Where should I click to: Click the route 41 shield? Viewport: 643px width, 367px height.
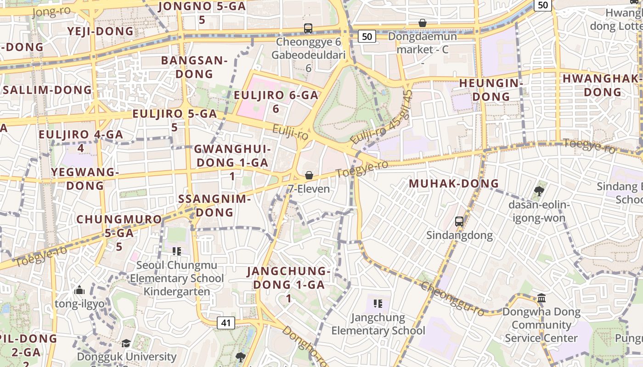point(226,323)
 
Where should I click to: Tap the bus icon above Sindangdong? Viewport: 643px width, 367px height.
point(459,222)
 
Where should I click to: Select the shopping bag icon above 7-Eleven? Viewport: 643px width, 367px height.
point(309,175)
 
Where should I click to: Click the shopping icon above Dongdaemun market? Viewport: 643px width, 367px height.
point(423,23)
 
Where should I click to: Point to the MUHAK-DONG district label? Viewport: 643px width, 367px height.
point(453,183)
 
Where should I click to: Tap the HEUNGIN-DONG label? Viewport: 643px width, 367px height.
point(491,90)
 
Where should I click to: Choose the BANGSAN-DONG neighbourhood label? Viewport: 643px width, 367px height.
point(194,67)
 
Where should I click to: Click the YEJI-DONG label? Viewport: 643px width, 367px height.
point(100,31)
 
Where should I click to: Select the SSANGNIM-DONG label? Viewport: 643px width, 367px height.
point(214,206)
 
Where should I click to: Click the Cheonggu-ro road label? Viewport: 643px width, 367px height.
point(452,299)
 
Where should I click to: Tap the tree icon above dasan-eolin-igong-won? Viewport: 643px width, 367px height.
point(539,191)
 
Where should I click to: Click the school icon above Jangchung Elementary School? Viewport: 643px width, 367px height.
point(378,303)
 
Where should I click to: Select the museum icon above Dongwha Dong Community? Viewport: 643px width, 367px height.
point(541,298)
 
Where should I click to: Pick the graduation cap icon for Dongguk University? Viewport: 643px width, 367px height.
point(126,343)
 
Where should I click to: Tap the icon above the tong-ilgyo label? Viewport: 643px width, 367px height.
point(79,290)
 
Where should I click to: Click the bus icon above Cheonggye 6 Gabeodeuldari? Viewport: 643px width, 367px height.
point(308,28)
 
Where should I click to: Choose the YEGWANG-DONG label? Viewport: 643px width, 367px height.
point(85,179)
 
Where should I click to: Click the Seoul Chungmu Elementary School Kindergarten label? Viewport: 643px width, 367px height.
point(177,278)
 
